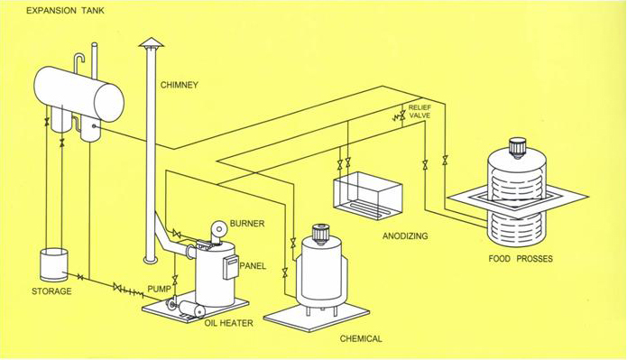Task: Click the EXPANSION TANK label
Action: tap(65, 11)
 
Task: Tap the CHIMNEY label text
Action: tap(180, 85)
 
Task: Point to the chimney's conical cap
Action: tap(152, 42)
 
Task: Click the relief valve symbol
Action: tap(401, 116)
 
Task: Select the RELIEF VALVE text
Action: tap(420, 112)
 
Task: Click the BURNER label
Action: tap(247, 224)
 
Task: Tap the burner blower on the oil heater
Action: tap(218, 230)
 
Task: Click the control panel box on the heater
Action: tap(231, 267)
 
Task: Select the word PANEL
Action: tap(253, 266)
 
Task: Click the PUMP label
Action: tap(159, 289)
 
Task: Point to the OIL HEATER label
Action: tap(229, 323)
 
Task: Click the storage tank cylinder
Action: tap(54, 264)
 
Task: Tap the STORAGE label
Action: tap(51, 291)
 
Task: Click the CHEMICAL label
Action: tap(361, 339)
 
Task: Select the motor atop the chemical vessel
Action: tap(320, 234)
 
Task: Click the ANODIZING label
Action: tap(405, 236)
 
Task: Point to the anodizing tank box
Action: tap(367, 196)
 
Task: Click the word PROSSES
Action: tap(535, 259)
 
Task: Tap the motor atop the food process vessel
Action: tap(518, 148)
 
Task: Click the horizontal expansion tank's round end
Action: tap(109, 102)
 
